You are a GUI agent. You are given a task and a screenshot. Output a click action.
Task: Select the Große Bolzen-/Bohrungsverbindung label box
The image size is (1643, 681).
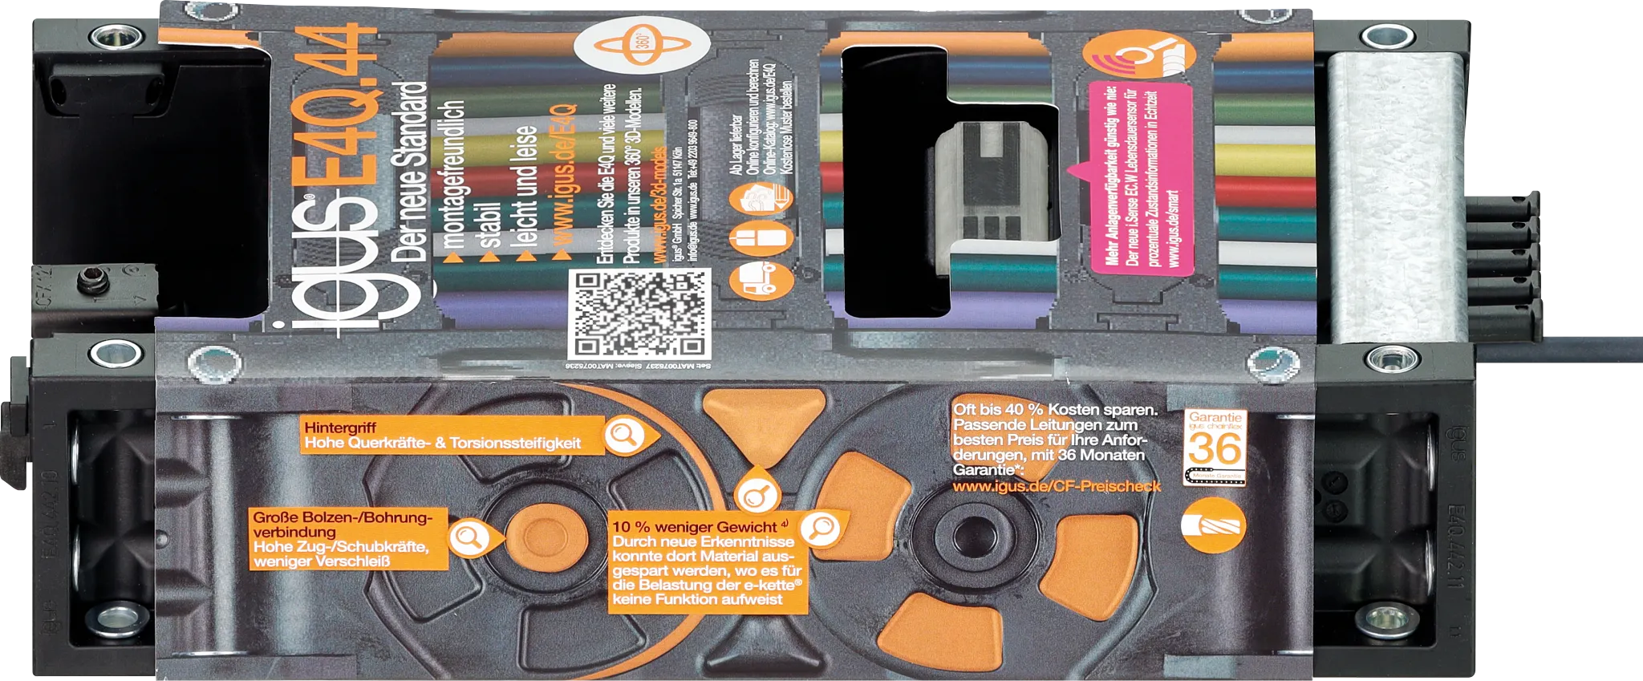tap(349, 539)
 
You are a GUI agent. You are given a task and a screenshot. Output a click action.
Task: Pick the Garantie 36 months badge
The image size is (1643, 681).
tap(1215, 446)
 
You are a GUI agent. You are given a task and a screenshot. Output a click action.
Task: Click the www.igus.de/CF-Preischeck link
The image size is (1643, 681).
tap(1056, 486)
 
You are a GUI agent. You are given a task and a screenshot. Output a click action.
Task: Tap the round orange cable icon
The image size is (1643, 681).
tap(1214, 525)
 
